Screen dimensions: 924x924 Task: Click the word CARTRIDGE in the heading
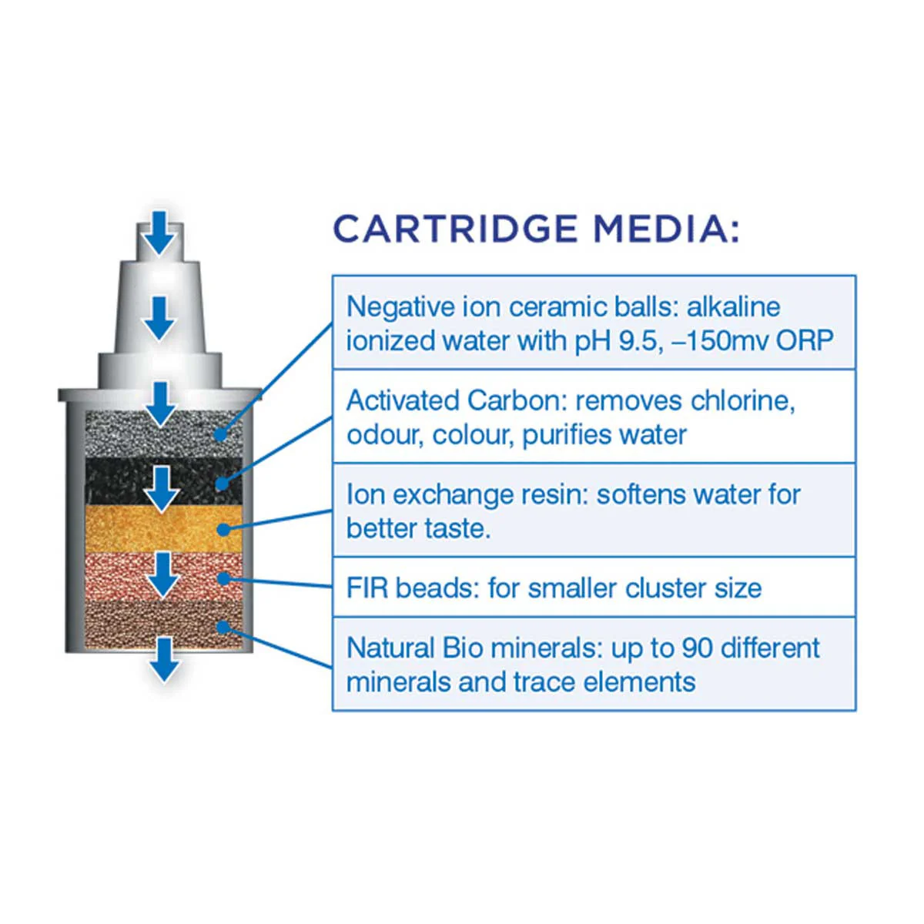(x=455, y=229)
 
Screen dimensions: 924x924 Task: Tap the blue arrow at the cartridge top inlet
(x=159, y=233)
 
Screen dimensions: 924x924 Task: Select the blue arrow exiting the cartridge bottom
(x=165, y=659)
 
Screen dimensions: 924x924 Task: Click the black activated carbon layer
(x=163, y=481)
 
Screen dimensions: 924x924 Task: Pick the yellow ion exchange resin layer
(x=163, y=528)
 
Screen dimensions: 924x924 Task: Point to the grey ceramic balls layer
(x=163, y=434)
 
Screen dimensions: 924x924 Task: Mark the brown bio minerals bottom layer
(x=163, y=625)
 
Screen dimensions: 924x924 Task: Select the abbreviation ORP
(x=805, y=341)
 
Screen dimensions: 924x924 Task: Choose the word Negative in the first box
(x=400, y=306)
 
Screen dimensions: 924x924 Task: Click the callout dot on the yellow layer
(x=223, y=530)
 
